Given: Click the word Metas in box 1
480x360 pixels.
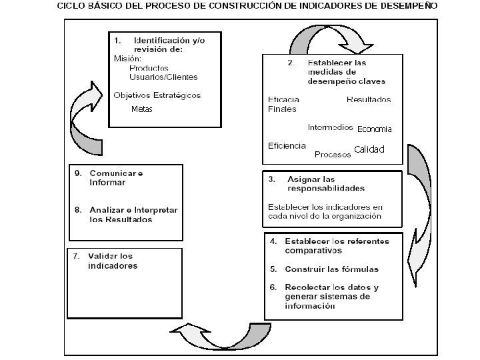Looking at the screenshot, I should [141, 109].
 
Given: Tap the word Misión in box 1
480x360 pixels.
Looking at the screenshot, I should [127, 59].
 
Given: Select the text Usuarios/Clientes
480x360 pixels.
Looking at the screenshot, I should [163, 77].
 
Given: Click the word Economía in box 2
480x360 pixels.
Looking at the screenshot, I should [375, 129].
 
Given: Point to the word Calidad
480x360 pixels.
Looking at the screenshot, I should [369, 149].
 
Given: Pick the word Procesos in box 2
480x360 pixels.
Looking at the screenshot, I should [333, 154].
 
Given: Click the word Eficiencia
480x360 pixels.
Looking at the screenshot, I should [287, 145].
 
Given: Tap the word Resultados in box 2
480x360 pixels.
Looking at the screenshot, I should [369, 99].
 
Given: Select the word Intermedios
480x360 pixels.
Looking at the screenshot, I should [330, 127].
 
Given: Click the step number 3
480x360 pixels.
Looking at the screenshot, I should [271, 179].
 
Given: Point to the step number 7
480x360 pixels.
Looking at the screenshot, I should [77, 256].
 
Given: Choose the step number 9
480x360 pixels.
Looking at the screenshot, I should [77, 173].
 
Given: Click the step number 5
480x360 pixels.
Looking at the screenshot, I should [273, 269].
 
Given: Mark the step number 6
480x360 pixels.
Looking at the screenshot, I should [273, 287].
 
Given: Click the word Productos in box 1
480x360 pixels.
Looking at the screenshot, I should [149, 68].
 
